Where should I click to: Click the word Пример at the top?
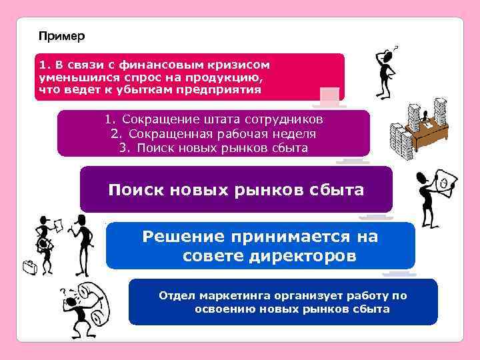(x=62, y=35)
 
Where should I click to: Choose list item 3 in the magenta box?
(x=213, y=147)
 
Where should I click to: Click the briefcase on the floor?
(x=30, y=269)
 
